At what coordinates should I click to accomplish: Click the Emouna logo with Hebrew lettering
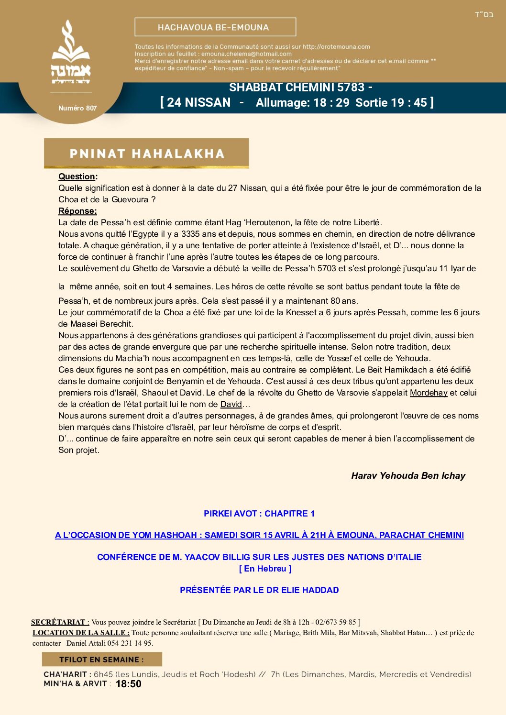71,53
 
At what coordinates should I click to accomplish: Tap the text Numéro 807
77,108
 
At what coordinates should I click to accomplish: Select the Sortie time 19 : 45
409,102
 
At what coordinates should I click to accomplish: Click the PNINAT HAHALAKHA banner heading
146,154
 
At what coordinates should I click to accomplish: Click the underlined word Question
77,176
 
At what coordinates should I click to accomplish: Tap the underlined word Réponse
77,211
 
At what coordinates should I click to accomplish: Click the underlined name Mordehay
429,393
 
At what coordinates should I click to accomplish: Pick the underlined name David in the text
231,404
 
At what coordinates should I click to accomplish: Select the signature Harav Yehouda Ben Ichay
408,475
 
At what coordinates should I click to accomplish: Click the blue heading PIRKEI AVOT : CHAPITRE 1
259,514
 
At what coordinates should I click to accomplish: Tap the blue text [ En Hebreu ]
265,569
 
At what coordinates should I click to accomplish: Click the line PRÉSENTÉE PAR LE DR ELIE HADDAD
259,590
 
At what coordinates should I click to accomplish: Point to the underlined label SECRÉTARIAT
60,622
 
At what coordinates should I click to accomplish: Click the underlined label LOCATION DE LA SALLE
81,633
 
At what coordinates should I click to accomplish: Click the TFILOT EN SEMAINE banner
101,660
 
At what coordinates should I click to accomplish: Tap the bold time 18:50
129,684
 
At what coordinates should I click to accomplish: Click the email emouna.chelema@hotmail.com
246,54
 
